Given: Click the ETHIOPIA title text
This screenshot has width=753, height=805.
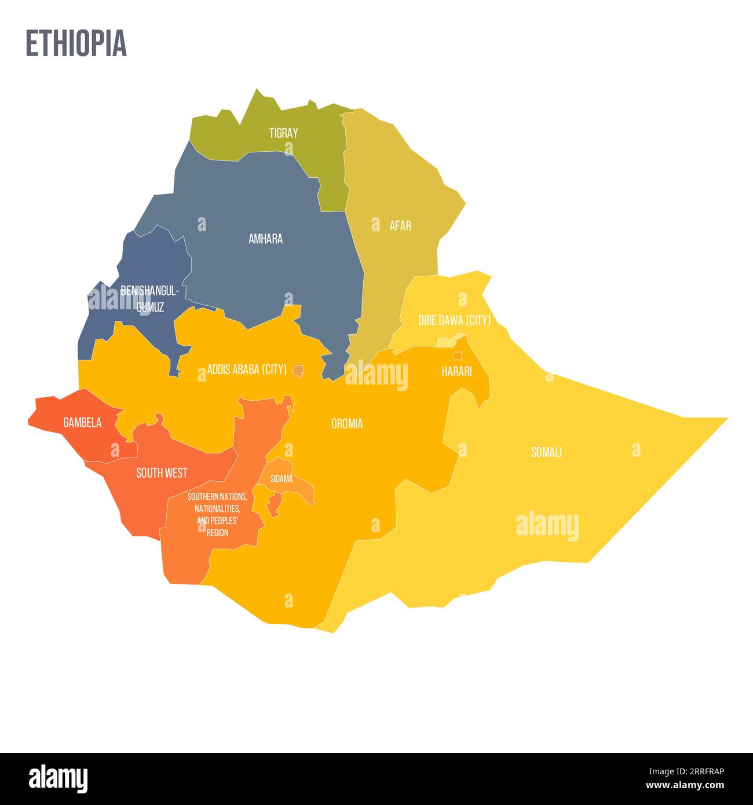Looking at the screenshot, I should (76, 43).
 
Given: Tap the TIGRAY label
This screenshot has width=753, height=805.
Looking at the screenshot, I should (283, 133).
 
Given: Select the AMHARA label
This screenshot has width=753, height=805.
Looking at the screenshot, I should (265, 239).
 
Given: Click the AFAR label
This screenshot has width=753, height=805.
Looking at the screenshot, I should (400, 225).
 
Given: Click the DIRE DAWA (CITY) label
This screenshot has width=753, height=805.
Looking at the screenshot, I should (454, 320).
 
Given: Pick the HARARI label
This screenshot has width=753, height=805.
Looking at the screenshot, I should (456, 372).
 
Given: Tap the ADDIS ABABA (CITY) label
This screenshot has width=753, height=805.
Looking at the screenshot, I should (247, 369).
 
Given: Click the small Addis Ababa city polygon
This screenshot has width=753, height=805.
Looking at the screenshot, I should (298, 370).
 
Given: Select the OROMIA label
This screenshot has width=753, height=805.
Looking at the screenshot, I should (347, 424).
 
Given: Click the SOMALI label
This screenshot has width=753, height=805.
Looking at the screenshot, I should (546, 452).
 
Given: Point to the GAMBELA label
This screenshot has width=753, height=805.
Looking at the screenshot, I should (82, 423).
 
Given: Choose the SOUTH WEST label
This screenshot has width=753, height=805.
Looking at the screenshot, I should (162, 473).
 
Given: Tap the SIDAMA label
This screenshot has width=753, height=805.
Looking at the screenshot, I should (282, 479).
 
